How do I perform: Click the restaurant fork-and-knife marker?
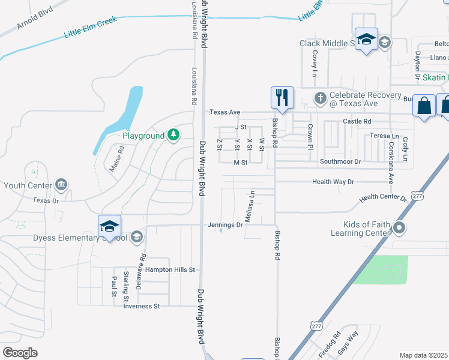[x=282, y=98]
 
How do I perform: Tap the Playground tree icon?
[x=173, y=135]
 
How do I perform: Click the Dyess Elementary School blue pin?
[x=109, y=226]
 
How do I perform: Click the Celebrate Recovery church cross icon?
[x=321, y=97]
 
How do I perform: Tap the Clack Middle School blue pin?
[x=366, y=40]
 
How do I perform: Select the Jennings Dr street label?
[x=225, y=225]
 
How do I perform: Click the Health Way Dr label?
[x=333, y=182]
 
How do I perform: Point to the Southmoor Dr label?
[x=340, y=162]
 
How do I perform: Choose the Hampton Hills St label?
[x=170, y=270]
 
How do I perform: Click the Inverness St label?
[x=141, y=306]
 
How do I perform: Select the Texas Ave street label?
[x=224, y=112]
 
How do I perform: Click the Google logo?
[x=20, y=353]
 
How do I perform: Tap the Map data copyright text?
[x=424, y=355]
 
